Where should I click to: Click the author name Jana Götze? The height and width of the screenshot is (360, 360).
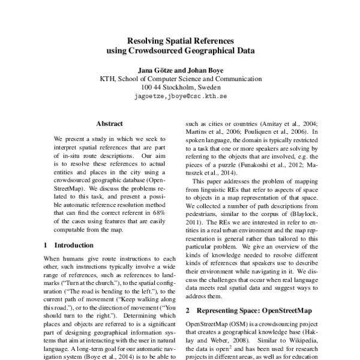coord(156,70)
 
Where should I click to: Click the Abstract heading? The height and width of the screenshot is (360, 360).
coord(109,124)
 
